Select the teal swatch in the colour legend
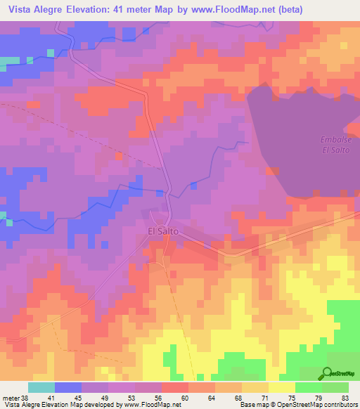pyautogui.click(x=41, y=388)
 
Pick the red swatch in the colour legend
pyautogui.click(x=175, y=388)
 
